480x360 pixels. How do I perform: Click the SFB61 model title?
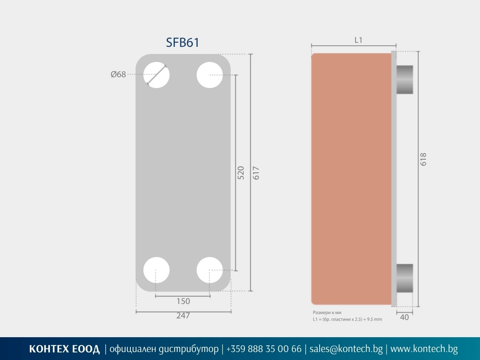[x=182, y=42]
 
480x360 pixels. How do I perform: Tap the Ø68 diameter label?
[x=118, y=74]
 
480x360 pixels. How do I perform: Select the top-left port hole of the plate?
[x=156, y=75]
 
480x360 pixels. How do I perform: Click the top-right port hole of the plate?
[x=210, y=75]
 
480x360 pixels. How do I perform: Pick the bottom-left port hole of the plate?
[x=156, y=270]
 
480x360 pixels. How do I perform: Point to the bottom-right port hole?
[x=210, y=270]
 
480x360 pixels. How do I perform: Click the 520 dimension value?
[x=241, y=173]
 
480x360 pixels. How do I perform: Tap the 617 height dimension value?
[x=256, y=173]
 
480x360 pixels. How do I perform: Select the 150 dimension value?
[x=183, y=301]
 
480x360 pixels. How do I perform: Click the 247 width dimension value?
[x=183, y=316]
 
